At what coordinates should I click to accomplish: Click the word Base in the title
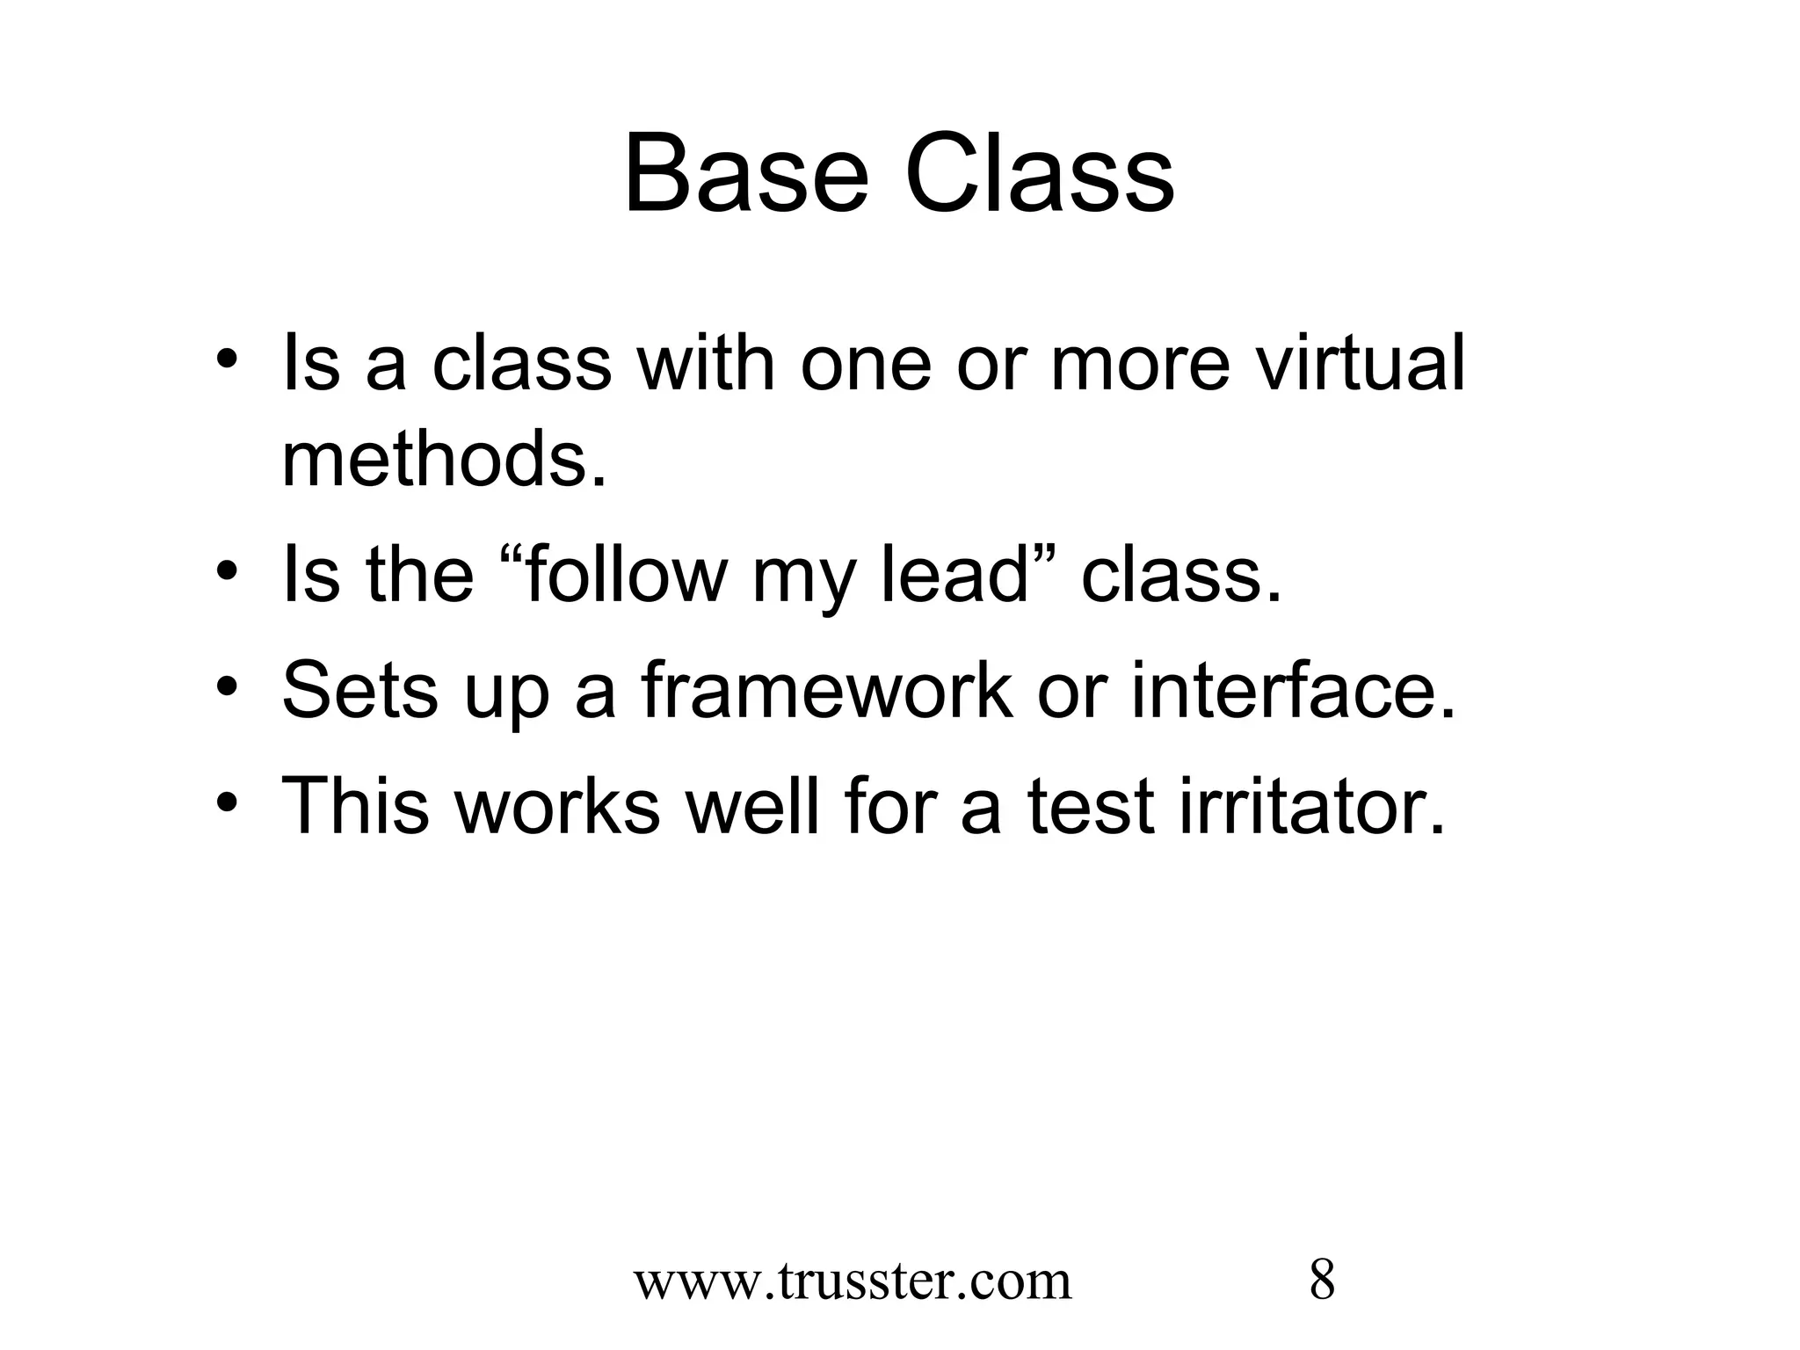pos(746,174)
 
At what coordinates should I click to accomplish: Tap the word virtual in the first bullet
pos(1361,364)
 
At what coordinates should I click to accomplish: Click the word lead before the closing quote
pos(954,576)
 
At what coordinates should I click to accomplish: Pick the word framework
pos(826,691)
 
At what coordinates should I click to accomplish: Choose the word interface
pos(1292,691)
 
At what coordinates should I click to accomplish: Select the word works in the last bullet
pos(558,806)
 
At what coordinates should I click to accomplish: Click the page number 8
pos(1322,1281)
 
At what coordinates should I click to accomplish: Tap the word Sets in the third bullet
pos(360,691)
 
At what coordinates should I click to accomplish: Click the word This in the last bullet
pos(356,806)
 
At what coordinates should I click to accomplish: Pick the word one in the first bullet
pos(865,364)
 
